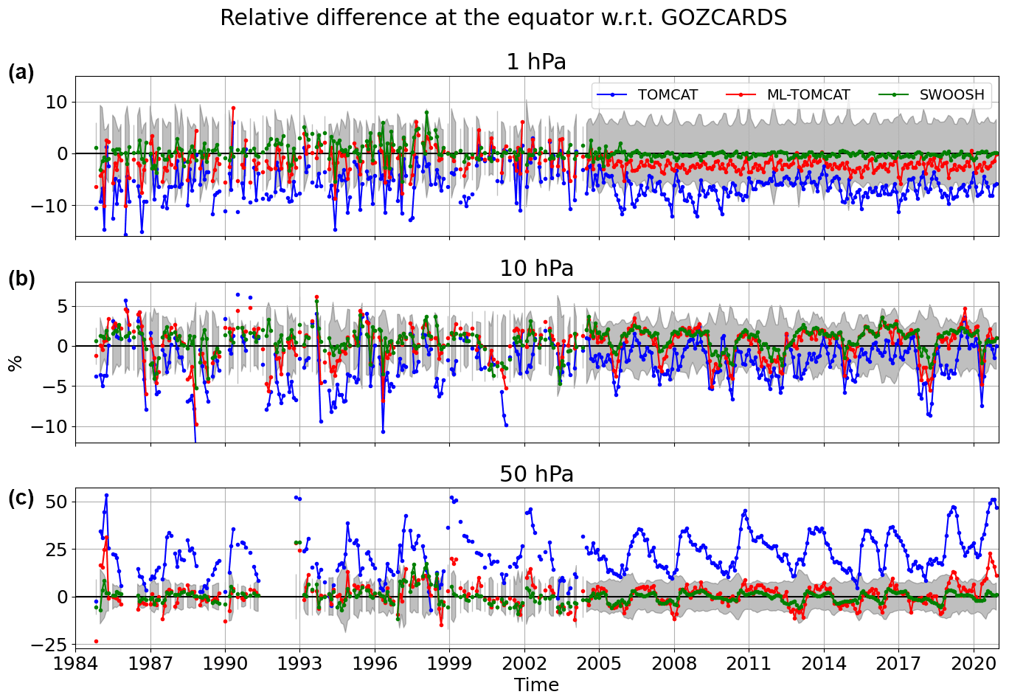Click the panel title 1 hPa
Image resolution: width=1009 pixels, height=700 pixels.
point(536,62)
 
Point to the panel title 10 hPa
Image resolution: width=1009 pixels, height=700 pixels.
point(536,268)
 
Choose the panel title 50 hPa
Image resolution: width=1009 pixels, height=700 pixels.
point(536,474)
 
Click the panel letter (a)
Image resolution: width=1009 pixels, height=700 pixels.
point(21,72)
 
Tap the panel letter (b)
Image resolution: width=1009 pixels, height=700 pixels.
point(21,279)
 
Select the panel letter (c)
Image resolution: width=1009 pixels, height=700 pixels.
point(21,498)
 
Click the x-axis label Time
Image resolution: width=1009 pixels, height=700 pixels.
point(536,685)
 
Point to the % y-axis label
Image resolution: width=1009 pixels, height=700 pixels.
point(15,363)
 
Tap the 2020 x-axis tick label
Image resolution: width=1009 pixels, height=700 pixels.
point(974,663)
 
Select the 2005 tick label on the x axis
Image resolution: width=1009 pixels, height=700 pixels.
point(600,663)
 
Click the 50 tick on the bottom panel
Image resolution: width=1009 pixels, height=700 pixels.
point(57,502)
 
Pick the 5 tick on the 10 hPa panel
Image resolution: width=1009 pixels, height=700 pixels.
point(62,306)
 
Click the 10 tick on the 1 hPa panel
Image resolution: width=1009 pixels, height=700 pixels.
point(57,102)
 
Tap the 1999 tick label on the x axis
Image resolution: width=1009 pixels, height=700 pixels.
point(450,663)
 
